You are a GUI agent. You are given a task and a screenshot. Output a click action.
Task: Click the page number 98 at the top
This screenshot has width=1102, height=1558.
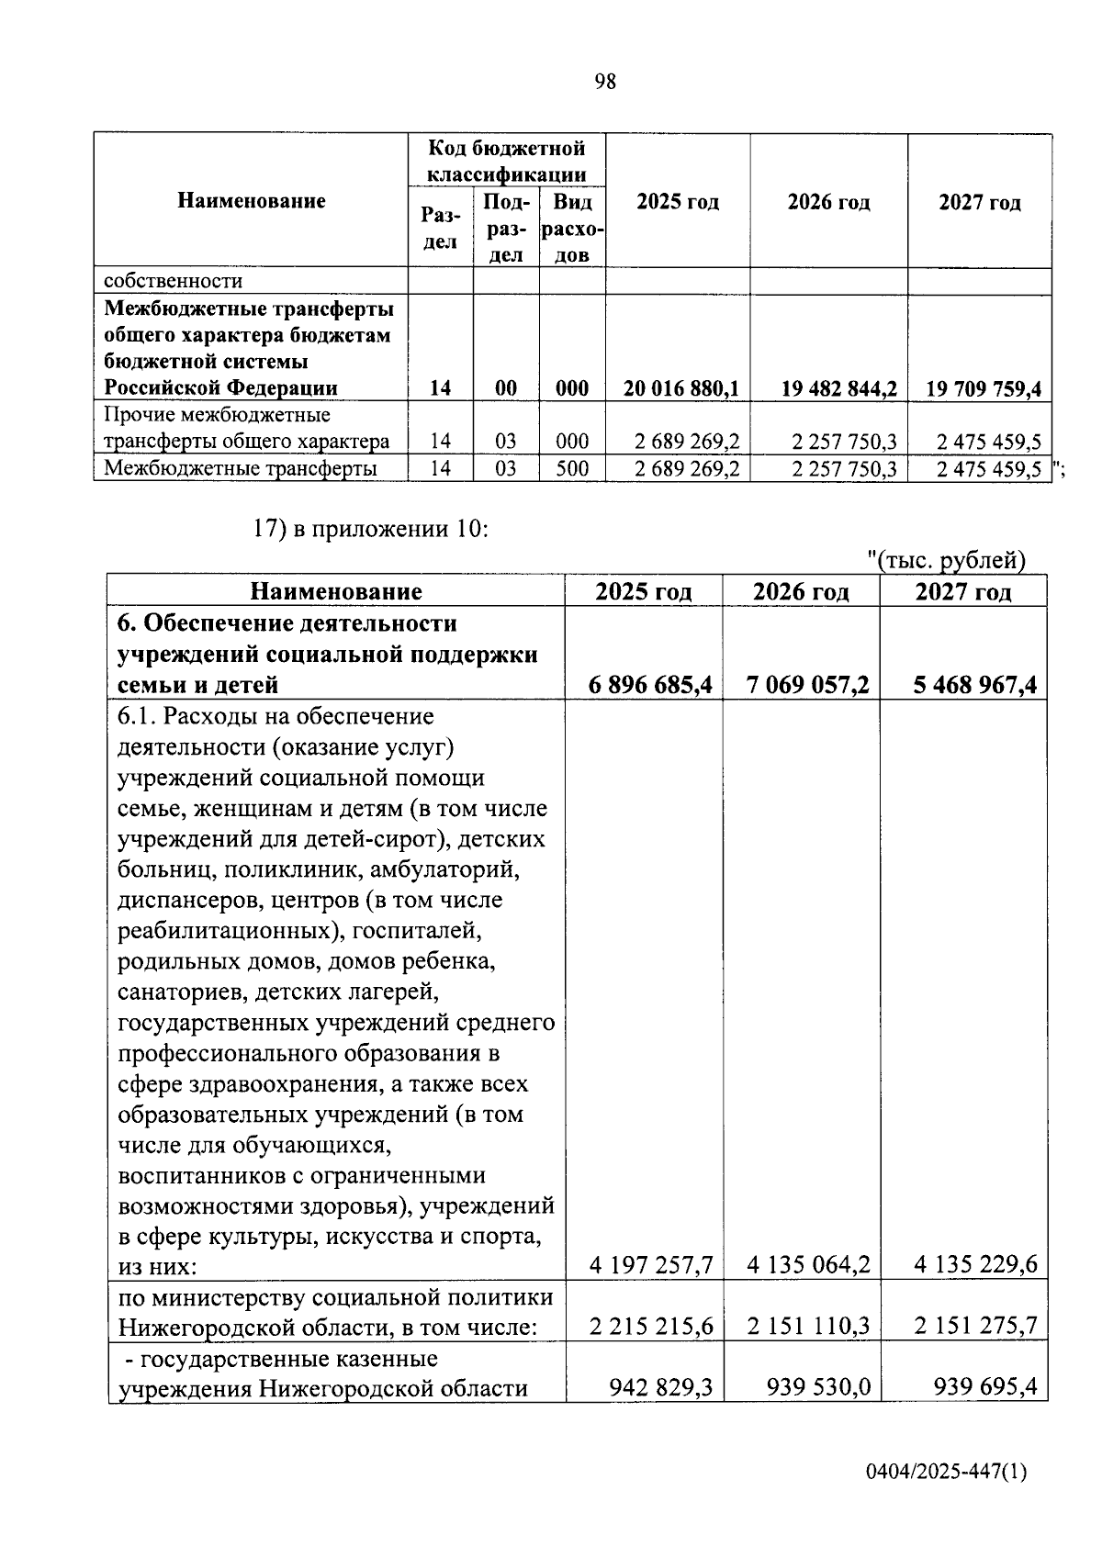coord(605,82)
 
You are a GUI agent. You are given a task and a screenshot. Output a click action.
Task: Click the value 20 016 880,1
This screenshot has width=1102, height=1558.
coord(680,388)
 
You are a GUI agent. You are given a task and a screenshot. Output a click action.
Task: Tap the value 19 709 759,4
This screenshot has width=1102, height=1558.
coord(983,388)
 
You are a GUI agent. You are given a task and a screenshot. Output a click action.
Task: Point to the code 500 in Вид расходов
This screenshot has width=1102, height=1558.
coord(572,469)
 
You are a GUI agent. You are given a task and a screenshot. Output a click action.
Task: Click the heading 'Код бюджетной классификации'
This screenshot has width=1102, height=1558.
coord(507,161)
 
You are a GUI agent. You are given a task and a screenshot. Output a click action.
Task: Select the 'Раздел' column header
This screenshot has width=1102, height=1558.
coord(440,228)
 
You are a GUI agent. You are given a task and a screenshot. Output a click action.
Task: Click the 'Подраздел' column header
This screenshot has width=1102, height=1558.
coord(506,228)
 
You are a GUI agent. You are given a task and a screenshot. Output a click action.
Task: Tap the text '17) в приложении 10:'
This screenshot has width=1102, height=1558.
coord(370,530)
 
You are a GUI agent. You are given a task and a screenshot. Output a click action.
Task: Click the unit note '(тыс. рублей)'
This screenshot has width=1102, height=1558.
coord(946,560)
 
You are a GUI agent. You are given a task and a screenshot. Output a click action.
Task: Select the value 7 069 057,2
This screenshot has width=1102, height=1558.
coord(808,685)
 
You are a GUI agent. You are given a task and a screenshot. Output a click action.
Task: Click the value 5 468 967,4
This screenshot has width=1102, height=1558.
coord(974,685)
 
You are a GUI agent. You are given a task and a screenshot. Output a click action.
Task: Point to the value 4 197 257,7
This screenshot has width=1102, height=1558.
coord(651,1265)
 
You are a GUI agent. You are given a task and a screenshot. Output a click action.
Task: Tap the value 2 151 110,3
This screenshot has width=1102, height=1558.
coord(808,1327)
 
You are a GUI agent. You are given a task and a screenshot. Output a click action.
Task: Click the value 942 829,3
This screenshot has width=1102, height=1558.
coord(661,1386)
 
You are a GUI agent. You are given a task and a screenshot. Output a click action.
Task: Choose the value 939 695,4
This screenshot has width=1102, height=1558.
coord(984,1386)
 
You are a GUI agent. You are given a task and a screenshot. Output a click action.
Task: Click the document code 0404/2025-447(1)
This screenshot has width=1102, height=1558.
coord(946,1473)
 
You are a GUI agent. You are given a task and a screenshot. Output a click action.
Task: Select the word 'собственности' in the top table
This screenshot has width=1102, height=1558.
coord(174,281)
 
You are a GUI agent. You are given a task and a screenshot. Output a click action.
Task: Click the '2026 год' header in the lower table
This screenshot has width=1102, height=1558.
coord(801,591)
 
